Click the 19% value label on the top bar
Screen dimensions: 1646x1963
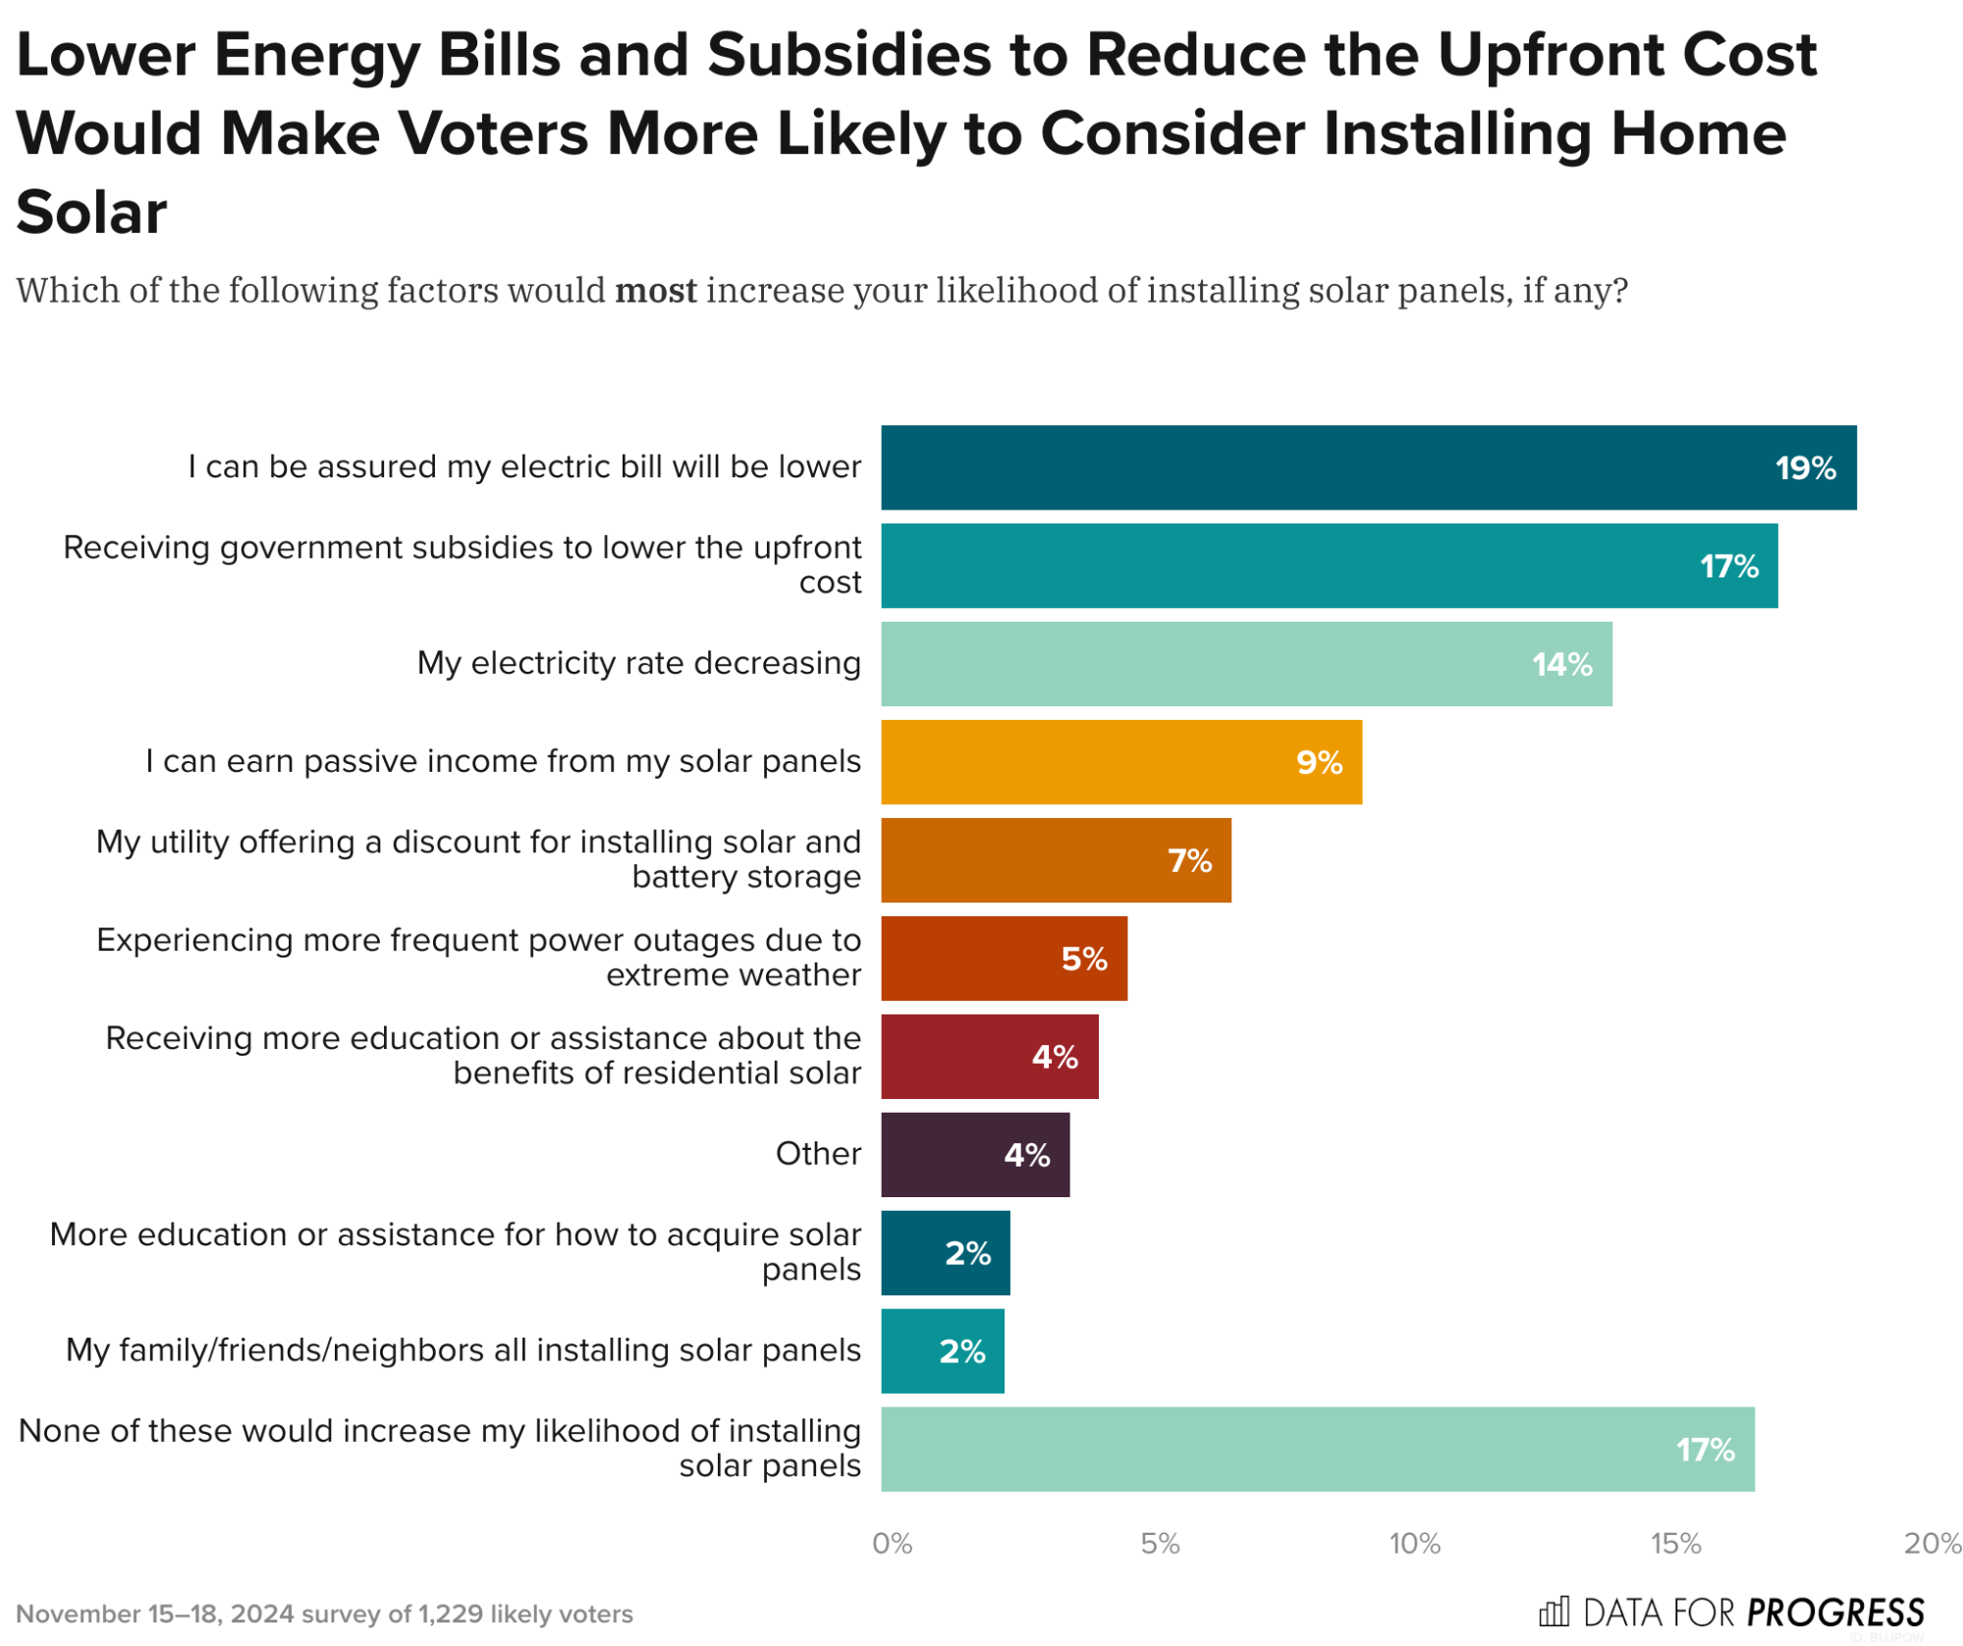pos(1804,467)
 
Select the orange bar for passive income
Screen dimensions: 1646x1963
pos(1119,762)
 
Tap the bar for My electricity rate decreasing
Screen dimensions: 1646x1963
pos(1245,664)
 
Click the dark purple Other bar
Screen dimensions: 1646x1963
pos(974,1154)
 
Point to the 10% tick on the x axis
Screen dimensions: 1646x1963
pos(1414,1543)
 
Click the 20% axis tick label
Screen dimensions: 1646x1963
pos(1932,1543)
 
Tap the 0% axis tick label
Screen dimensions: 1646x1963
pos(892,1543)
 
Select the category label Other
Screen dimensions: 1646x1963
pos(817,1153)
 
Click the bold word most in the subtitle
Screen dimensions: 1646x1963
pos(655,291)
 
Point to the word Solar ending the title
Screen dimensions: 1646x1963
pos(91,212)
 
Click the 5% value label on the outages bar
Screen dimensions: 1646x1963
pos(1083,959)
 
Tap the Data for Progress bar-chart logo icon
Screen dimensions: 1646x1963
pos(1553,1612)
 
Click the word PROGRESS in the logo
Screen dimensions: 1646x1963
pos(1834,1613)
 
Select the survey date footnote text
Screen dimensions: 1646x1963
pos(324,1614)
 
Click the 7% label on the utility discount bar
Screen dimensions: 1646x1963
pos(1188,860)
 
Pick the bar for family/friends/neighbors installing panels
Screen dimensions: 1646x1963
pos(942,1350)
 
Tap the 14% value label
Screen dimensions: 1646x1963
pos(1561,664)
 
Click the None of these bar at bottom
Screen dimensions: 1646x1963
pos(1316,1449)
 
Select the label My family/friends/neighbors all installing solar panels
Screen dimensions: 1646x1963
pos(463,1349)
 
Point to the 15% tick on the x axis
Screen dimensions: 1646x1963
pos(1674,1543)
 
